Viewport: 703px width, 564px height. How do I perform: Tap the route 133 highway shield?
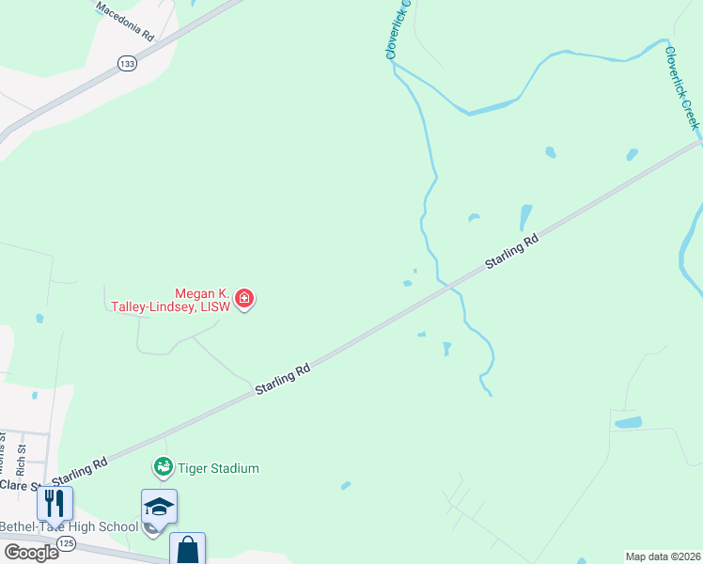coord(127,62)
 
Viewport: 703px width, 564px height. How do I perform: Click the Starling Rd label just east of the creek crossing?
coord(512,252)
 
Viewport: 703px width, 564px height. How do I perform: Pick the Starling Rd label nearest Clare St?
coord(80,469)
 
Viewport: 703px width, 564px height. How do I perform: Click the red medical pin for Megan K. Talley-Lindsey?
coord(244,300)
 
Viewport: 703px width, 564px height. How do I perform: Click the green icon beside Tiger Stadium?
coord(163,466)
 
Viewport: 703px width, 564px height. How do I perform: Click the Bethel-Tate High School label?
coord(70,526)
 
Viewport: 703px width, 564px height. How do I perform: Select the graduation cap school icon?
coord(159,508)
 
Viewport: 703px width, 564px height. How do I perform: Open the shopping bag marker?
coord(187,550)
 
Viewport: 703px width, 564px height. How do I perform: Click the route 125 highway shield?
coord(66,543)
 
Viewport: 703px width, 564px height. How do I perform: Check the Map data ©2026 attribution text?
coord(663,556)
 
